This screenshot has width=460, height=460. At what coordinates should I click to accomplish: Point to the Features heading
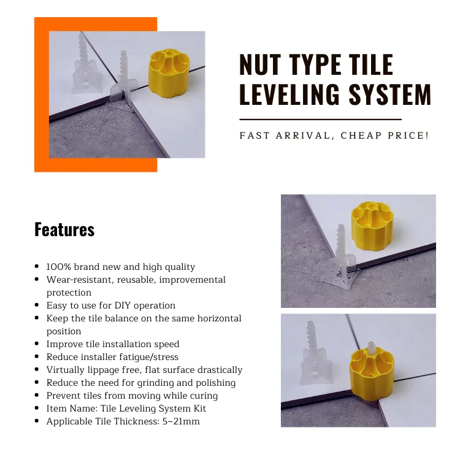pos(64,229)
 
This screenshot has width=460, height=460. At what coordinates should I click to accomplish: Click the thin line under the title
pos(320,119)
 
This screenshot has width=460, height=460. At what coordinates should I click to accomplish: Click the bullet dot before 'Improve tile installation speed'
pos(38,344)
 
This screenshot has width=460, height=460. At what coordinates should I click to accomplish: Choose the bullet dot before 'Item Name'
pos(38,408)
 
